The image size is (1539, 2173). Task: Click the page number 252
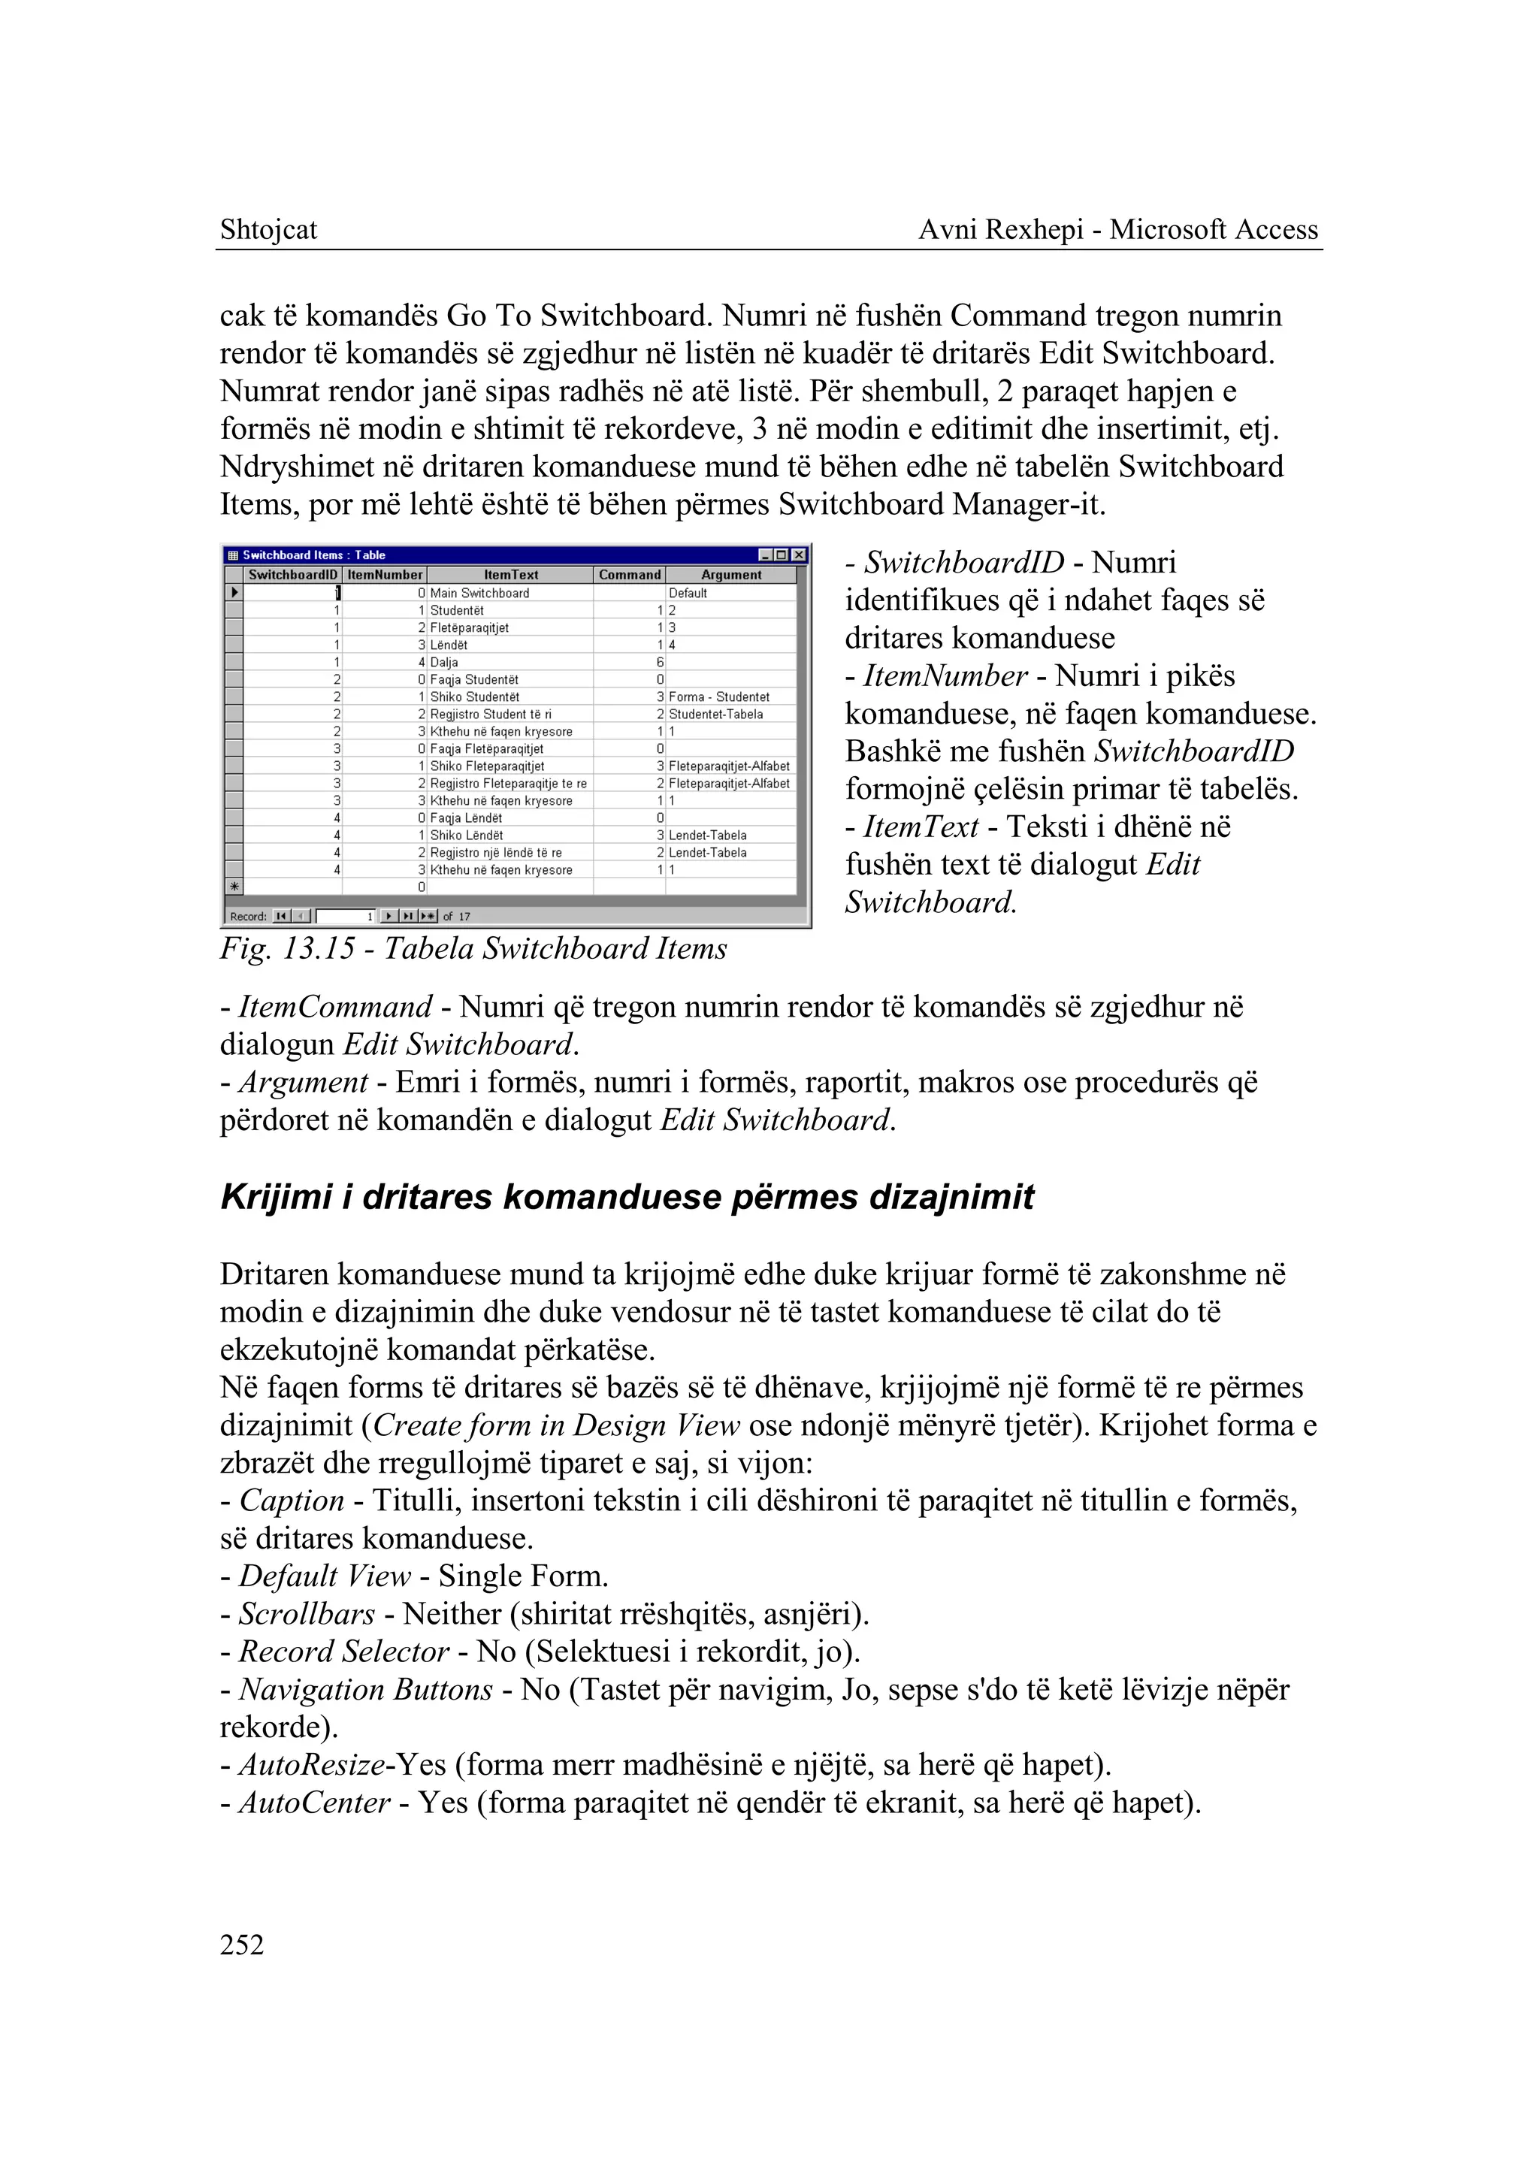(x=242, y=1945)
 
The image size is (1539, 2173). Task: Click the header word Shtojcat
(x=268, y=229)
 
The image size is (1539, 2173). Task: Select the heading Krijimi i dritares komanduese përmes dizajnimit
(x=627, y=1197)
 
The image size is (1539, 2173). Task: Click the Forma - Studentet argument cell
(x=719, y=697)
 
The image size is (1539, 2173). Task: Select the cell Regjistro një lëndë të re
(x=496, y=853)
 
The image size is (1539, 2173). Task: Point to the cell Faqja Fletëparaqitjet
(x=486, y=748)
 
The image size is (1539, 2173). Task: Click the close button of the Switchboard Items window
(x=799, y=555)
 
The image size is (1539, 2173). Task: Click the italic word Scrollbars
(x=306, y=1614)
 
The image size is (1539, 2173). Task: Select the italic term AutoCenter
(x=313, y=1803)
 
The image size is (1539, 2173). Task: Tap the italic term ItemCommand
(x=334, y=1006)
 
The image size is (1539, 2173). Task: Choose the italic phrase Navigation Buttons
(x=365, y=1689)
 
